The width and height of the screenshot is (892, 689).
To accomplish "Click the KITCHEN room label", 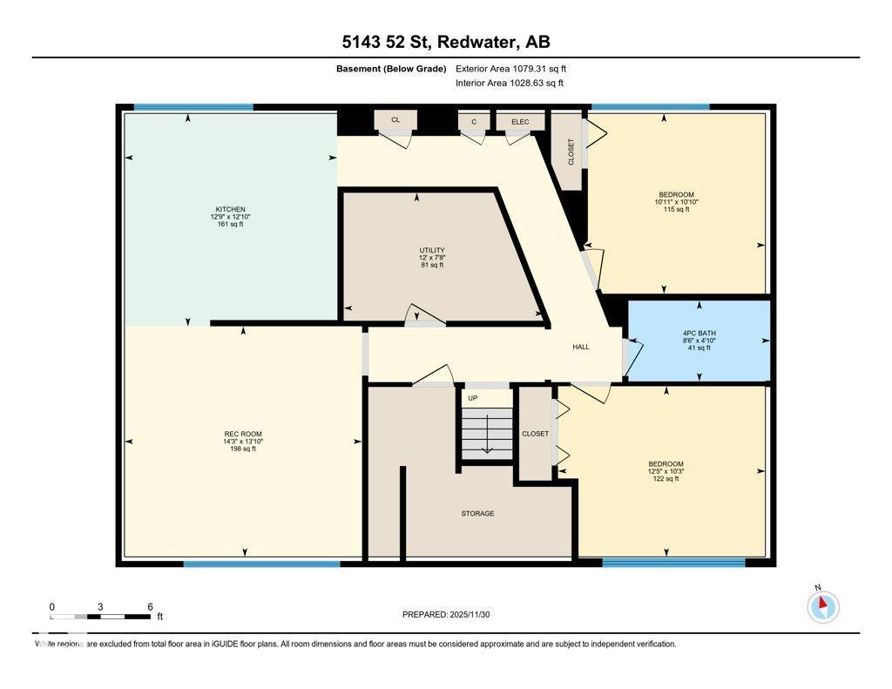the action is (x=230, y=209).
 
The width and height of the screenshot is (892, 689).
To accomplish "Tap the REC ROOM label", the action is (x=243, y=434).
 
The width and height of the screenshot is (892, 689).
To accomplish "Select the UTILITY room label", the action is (x=432, y=250).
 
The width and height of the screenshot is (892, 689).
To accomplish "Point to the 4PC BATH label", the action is (x=699, y=334).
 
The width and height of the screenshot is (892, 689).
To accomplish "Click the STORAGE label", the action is (x=478, y=514).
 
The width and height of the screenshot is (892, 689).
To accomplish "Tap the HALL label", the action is (x=581, y=347).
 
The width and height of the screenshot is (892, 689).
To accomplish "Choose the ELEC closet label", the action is (x=520, y=122).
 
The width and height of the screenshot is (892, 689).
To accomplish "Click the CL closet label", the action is (x=395, y=120).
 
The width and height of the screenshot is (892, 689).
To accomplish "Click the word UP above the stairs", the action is (x=473, y=398).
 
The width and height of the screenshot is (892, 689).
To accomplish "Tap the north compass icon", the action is (x=822, y=606).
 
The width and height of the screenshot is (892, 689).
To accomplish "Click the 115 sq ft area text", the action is (x=676, y=209).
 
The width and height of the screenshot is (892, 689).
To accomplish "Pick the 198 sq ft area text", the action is (x=243, y=449).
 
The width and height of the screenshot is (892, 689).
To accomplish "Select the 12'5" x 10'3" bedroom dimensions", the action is (x=666, y=471).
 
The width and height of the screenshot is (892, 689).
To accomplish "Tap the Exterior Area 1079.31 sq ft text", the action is (x=510, y=69).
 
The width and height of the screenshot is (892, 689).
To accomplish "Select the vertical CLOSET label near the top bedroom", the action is (x=571, y=152).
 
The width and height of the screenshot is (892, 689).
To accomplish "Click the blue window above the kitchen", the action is (x=193, y=107).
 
